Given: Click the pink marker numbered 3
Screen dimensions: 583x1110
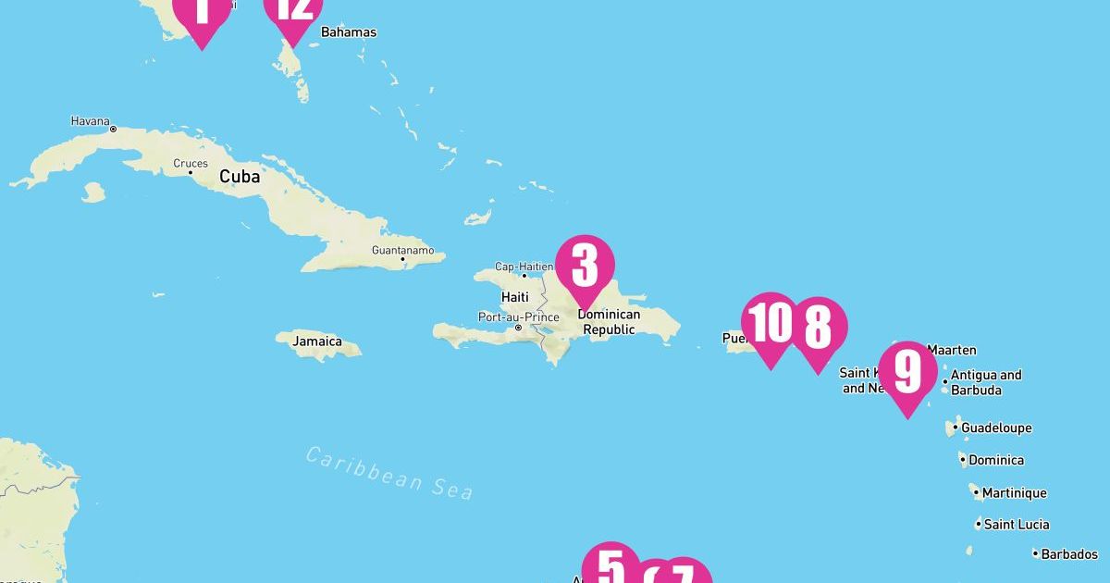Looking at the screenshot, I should click(585, 267).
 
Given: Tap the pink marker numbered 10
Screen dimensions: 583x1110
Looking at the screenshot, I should click(770, 324).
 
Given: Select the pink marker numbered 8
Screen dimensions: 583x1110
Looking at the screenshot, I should click(818, 328).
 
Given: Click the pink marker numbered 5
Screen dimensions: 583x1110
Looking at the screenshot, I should click(610, 566).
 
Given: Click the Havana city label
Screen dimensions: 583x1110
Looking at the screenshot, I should click(90, 121).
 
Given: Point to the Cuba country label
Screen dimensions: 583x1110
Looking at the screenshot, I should click(239, 176).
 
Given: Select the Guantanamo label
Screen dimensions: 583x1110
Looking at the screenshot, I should click(401, 250).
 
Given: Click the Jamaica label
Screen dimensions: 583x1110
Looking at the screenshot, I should click(317, 341).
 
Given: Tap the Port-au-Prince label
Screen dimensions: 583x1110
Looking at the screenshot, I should click(518, 316).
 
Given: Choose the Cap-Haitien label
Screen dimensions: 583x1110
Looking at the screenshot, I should click(524, 267).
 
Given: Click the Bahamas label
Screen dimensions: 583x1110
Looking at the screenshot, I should click(349, 32).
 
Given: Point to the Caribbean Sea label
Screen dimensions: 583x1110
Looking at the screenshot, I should click(389, 472).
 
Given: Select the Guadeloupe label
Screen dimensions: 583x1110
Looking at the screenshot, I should click(996, 428).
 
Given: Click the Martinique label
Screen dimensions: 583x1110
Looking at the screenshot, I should click(1014, 493).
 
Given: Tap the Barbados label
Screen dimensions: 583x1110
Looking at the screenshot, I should click(1069, 554).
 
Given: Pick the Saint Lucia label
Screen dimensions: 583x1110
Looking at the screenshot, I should click(1017, 525).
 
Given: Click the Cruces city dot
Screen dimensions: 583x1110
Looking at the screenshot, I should click(191, 173).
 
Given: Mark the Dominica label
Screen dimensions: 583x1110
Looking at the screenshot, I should click(995, 460).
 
